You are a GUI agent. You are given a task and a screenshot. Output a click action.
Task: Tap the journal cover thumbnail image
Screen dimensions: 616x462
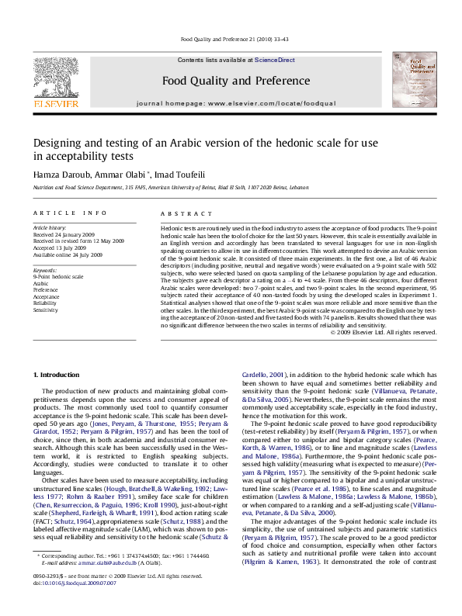412,80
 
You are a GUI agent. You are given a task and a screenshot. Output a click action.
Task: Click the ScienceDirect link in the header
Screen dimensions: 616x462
274,60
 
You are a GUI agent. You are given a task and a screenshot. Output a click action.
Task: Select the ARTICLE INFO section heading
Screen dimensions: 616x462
68,213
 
